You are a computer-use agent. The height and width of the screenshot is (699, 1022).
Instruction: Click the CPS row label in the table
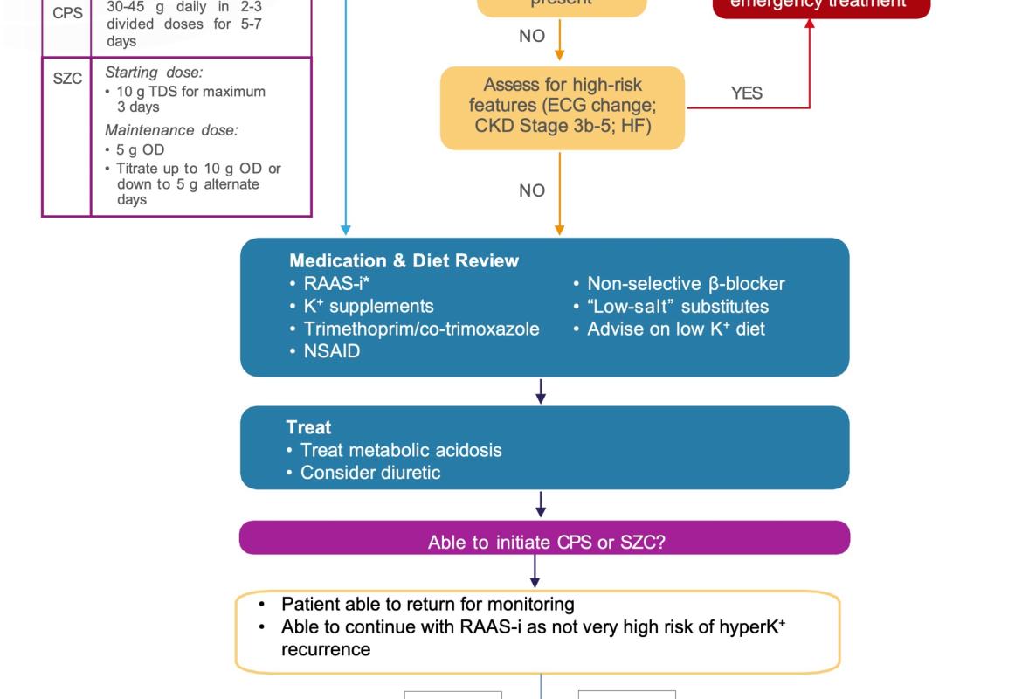tap(67, 13)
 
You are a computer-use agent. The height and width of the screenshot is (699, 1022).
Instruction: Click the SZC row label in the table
tap(67, 79)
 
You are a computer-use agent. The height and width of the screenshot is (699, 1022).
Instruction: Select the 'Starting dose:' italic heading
tap(154, 73)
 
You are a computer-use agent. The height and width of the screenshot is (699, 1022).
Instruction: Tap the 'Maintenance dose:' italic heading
tap(171, 130)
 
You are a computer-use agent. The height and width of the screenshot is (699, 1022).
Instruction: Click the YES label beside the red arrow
tap(746, 93)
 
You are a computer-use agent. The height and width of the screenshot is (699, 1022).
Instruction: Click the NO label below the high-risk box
tap(532, 190)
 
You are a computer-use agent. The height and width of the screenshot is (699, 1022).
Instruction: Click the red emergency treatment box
tap(821, 4)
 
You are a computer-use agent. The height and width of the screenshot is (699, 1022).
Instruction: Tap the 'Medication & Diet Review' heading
tap(404, 260)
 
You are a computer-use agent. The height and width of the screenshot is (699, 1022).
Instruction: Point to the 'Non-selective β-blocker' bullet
tap(685, 284)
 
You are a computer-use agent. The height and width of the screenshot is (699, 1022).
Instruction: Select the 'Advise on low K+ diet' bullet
tap(675, 329)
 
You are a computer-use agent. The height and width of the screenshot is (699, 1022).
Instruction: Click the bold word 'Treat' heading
tap(308, 427)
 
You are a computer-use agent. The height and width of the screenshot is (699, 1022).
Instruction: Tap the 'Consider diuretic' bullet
tap(369, 473)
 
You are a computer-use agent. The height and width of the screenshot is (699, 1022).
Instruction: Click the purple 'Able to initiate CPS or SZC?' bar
tap(545, 542)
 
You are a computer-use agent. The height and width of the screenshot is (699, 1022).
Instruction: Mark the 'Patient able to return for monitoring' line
tap(427, 604)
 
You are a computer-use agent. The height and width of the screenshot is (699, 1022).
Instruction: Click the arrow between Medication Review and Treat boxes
tap(541, 391)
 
